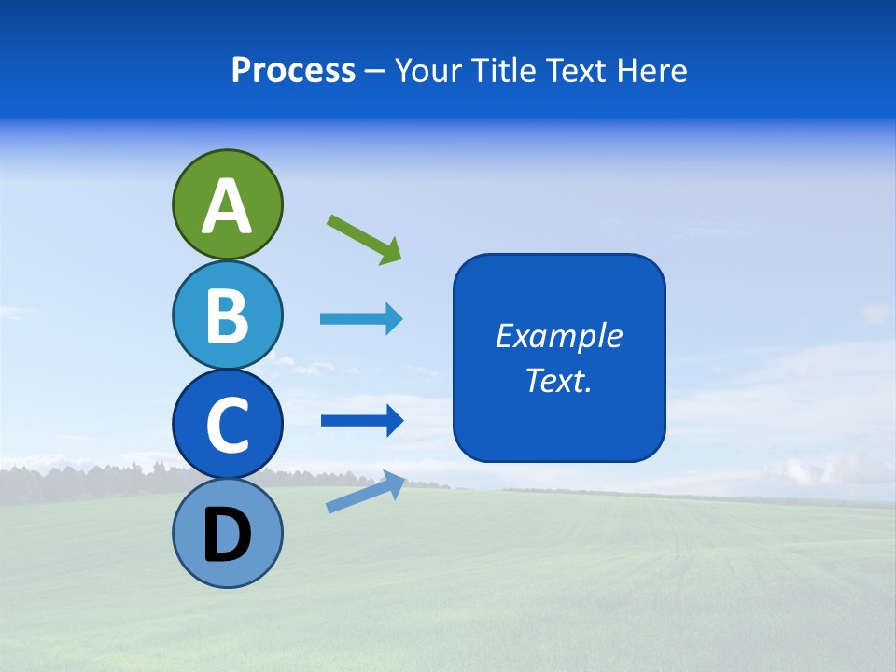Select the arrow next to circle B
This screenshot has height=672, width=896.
tap(360, 319)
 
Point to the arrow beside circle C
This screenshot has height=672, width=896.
tap(360, 421)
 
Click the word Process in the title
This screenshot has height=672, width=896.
tap(293, 70)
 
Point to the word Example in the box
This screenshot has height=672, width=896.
tap(558, 336)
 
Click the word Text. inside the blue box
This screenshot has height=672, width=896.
tap(558, 381)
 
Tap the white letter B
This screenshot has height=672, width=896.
tap(227, 315)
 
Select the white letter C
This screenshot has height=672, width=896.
tap(227, 425)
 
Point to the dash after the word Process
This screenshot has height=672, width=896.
tap(374, 71)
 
